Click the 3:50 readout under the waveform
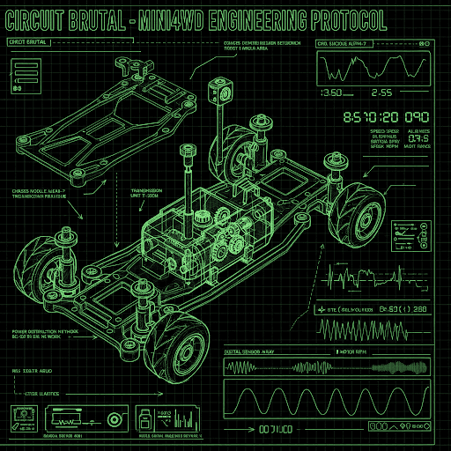332,92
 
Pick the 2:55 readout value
384,92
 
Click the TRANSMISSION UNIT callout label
151,194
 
